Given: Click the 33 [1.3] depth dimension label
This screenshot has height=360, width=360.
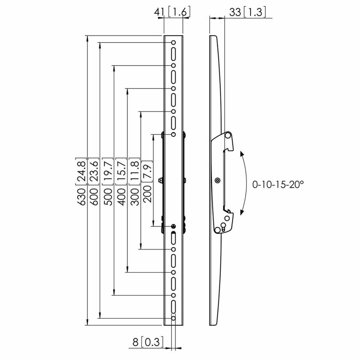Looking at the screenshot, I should tap(247, 12).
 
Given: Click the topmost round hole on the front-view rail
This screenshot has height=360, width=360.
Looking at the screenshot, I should tap(173, 43).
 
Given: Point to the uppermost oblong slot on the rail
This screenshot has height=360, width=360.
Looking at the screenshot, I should tap(173, 54).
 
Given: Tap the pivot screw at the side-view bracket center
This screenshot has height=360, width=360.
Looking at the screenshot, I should tap(217, 180).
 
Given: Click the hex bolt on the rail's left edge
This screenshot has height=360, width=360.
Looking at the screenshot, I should tap(159, 180).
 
